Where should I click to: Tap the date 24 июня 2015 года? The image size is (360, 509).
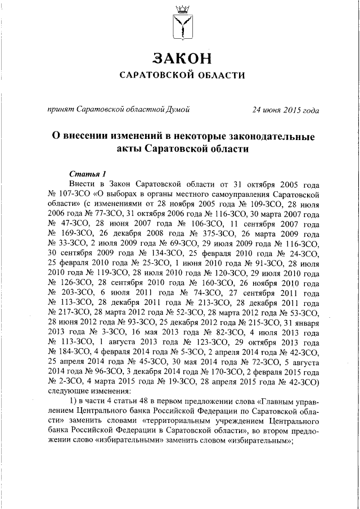pos(286,110)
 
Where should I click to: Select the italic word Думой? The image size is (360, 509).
pos(177,109)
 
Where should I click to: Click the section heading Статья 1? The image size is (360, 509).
pos(87,173)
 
